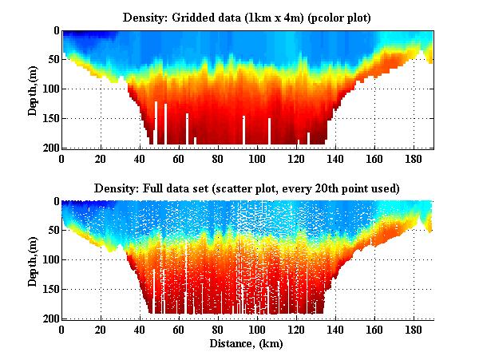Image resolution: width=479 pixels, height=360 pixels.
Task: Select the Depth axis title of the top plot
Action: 33,89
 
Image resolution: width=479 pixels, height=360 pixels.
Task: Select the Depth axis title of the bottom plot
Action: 33,260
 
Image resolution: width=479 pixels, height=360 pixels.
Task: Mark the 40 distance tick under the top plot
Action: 140,159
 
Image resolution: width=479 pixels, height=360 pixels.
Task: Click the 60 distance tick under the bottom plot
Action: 179,330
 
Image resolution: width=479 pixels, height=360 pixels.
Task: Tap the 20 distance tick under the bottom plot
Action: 101,330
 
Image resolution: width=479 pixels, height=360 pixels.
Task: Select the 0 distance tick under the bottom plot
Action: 61,330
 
